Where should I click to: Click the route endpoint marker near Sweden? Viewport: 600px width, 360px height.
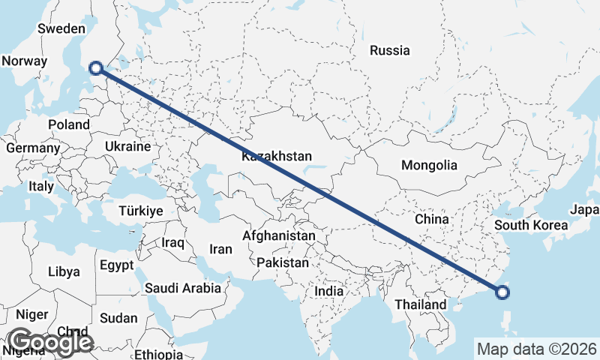[95, 69]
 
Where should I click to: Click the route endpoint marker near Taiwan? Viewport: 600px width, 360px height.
[502, 293]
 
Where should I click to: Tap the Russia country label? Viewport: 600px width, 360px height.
[390, 51]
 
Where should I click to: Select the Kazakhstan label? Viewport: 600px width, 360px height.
[276, 157]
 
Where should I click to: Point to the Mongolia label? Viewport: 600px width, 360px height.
[429, 165]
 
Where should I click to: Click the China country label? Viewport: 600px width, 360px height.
[431, 219]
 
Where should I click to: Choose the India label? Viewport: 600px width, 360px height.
[329, 291]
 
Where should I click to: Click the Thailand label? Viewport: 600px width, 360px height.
[421, 304]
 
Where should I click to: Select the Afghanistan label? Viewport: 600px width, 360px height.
[279, 235]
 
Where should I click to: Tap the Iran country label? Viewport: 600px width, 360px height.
[220, 249]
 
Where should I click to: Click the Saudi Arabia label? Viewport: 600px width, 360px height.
[183, 287]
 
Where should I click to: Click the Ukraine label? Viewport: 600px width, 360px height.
[128, 146]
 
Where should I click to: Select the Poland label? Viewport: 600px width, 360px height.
[68, 124]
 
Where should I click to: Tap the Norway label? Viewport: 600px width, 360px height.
[25, 61]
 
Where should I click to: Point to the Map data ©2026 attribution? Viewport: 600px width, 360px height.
[537, 349]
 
